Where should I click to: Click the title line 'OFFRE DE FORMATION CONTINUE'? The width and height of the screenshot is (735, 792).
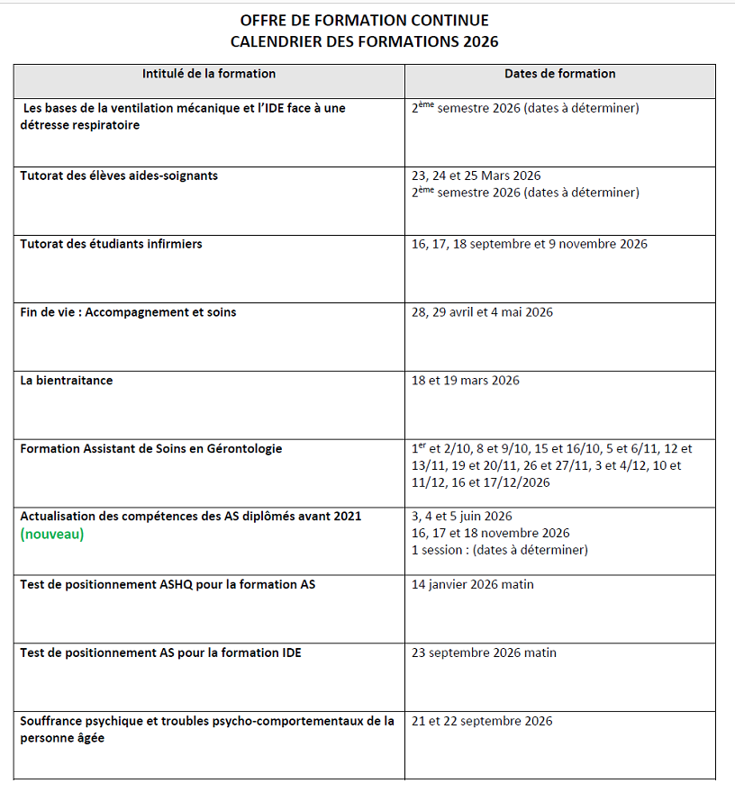[364, 21]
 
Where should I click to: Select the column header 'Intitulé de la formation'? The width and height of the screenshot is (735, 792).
[209, 74]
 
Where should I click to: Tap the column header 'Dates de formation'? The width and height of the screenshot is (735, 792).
[559, 74]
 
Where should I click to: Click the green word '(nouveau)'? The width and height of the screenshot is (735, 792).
[52, 534]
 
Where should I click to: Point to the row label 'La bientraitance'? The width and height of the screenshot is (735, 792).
[67, 381]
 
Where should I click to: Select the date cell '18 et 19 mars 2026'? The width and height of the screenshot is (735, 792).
[465, 381]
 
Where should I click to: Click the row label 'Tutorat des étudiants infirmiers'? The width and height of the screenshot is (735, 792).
[111, 244]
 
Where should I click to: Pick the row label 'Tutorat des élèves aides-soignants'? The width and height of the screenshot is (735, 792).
[119, 175]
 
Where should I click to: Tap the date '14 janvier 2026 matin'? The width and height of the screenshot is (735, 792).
[472, 585]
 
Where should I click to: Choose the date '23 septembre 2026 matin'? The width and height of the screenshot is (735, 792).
[484, 652]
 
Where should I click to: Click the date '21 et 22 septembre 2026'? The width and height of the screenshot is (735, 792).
[481, 721]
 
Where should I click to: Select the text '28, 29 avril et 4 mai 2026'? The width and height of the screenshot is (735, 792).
[482, 312]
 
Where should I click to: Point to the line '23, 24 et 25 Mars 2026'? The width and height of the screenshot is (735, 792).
[476, 175]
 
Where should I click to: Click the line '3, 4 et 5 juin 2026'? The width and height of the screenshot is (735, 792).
[461, 517]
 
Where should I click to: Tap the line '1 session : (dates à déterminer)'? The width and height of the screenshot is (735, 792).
[499, 550]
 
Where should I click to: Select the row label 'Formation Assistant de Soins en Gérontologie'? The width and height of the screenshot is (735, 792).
[150, 448]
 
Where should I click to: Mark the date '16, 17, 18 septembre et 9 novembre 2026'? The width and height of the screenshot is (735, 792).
[529, 244]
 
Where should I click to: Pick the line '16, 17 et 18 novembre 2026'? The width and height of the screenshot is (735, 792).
[490, 533]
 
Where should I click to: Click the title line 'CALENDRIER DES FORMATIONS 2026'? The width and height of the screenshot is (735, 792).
[364, 41]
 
